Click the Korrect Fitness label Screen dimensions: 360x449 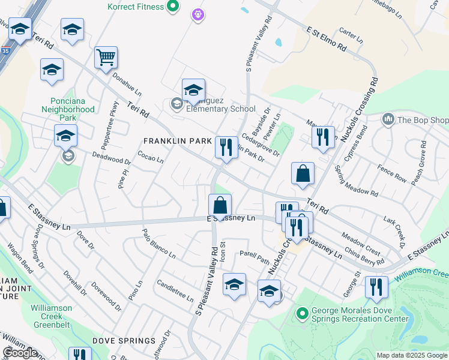[x=135, y=7]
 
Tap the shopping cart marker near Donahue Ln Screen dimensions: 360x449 [x=106, y=58]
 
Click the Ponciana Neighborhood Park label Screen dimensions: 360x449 [x=68, y=105]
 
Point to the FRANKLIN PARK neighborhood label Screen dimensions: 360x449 [x=178, y=141]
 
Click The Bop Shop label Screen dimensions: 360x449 [x=422, y=119]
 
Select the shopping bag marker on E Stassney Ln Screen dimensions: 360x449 [x=220, y=205]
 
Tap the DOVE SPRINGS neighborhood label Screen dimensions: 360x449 [x=124, y=340]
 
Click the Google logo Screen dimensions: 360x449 [x=20, y=353]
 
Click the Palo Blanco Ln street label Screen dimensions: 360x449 [x=158, y=243]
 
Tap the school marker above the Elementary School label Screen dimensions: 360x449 [x=193, y=90]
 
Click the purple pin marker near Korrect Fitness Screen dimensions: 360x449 [x=198, y=13]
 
